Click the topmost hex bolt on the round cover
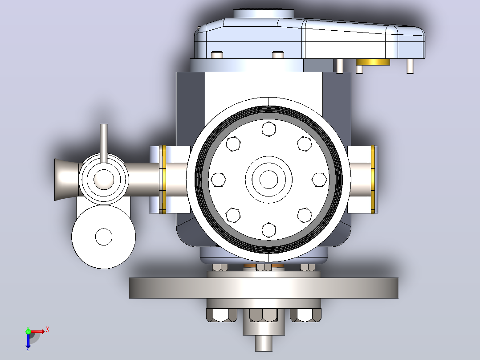click(268, 129)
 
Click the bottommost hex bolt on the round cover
click(268, 230)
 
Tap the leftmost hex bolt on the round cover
click(218, 180)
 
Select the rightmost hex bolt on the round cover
click(319, 180)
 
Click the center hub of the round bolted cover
click(269, 180)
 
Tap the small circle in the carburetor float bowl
click(104, 237)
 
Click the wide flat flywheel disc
click(264, 288)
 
